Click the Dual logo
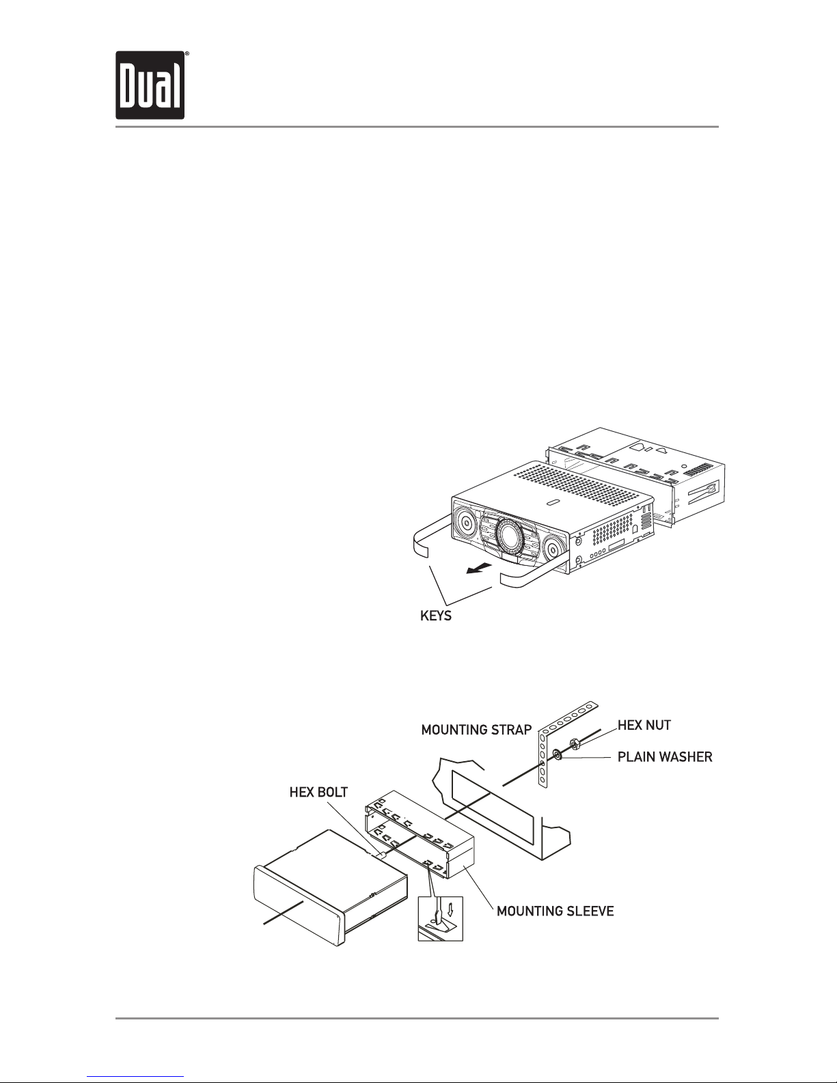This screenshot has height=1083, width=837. tap(150, 85)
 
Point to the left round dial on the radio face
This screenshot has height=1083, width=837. tap(466, 523)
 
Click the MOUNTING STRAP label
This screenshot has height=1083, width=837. tap(476, 730)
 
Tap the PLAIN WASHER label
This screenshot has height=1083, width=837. tap(664, 757)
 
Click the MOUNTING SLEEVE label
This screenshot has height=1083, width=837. tap(555, 911)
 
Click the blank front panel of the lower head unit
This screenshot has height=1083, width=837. tap(297, 905)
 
